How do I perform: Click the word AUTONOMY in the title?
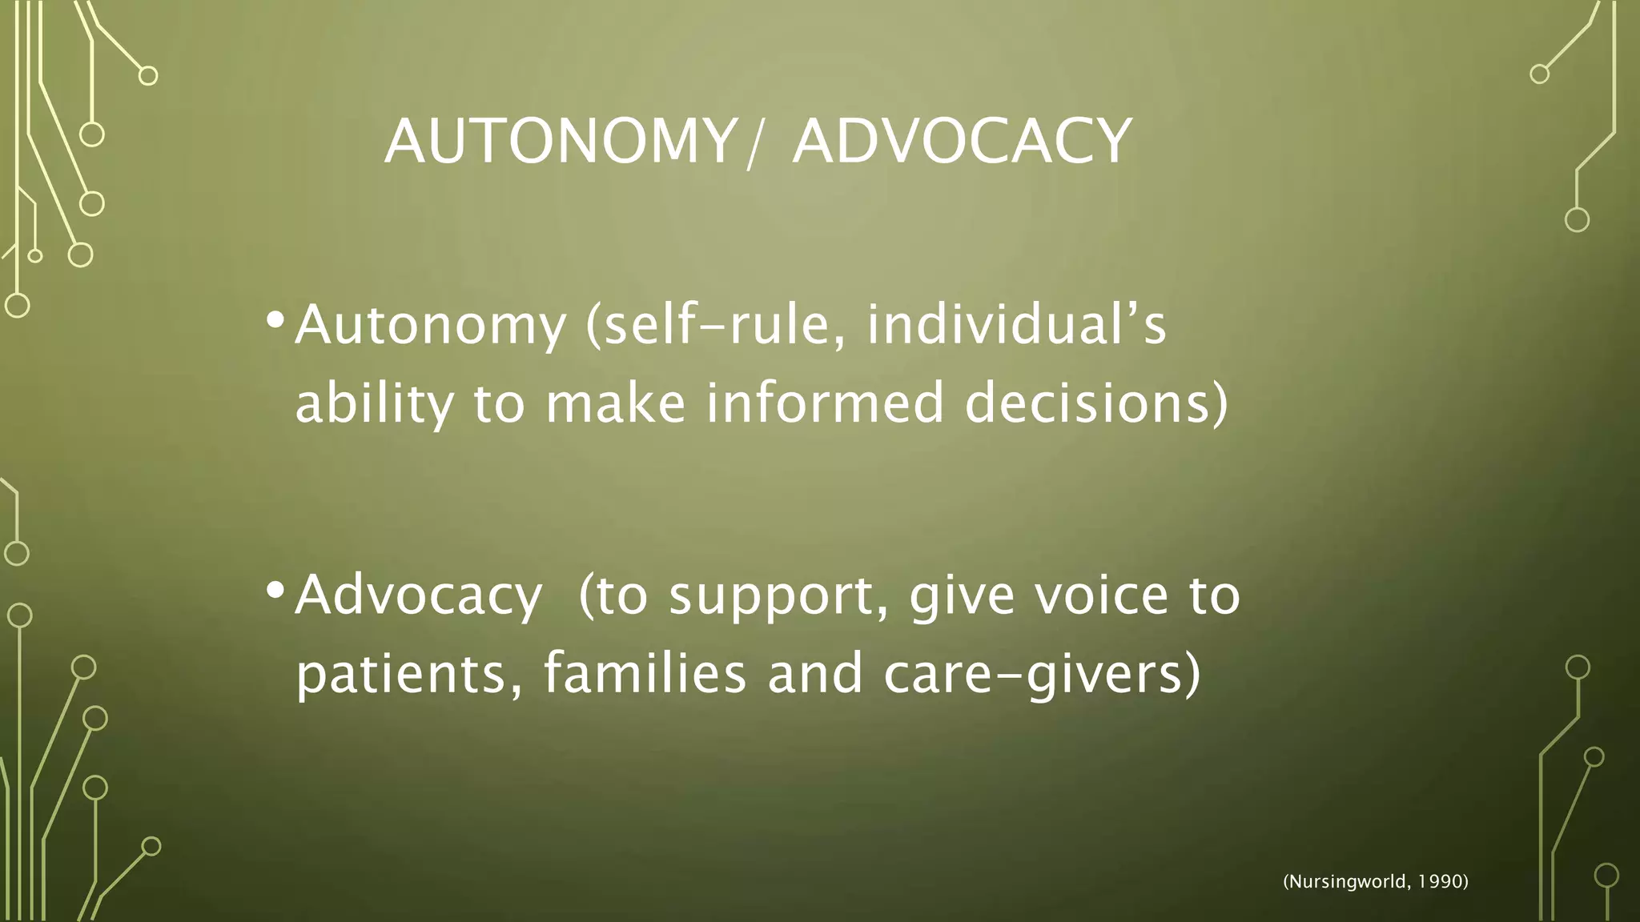click(561, 141)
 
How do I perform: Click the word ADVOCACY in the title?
click(962, 141)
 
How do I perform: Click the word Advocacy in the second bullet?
click(418, 596)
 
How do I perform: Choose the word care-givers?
click(1041, 675)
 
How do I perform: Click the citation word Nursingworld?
click(1345, 882)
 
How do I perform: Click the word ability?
click(374, 403)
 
